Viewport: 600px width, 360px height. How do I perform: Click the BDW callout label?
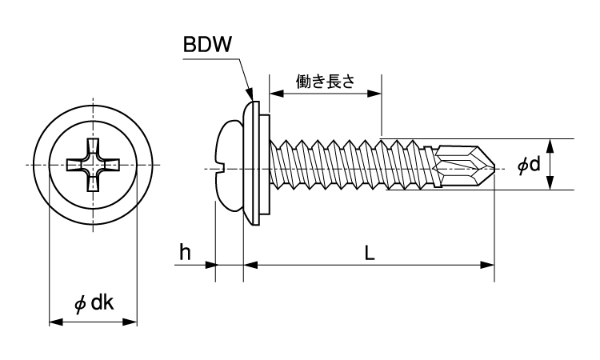point(207,46)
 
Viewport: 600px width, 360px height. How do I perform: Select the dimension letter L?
point(369,253)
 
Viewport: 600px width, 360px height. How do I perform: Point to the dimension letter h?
point(185,253)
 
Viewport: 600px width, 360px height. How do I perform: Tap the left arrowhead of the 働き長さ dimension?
point(274,94)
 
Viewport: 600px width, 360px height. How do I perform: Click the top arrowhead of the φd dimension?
point(551,145)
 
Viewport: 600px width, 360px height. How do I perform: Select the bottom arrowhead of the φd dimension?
point(551,184)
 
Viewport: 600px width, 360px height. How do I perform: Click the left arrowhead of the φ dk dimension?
point(56,322)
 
